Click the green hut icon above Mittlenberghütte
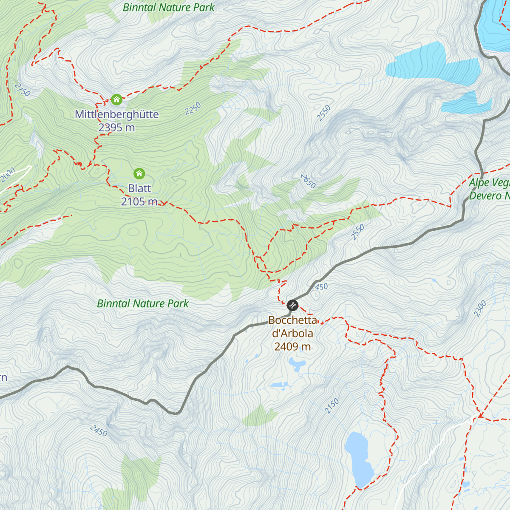click(116, 100)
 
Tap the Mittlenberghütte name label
click(117, 114)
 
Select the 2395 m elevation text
click(116, 127)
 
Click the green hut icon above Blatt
click(139, 173)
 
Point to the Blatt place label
click(139, 188)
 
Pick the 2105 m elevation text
click(139, 201)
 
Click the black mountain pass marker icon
click(292, 305)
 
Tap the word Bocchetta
click(293, 320)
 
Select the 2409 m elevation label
click(292, 346)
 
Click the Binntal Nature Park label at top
click(169, 7)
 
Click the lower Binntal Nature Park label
click(143, 303)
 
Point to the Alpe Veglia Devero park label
click(489, 190)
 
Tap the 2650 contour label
click(309, 181)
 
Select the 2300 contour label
click(480, 309)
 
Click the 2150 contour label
click(332, 406)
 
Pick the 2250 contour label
click(193, 109)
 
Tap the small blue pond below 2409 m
click(297, 364)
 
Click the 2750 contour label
click(22, 89)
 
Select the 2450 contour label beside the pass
click(319, 287)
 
